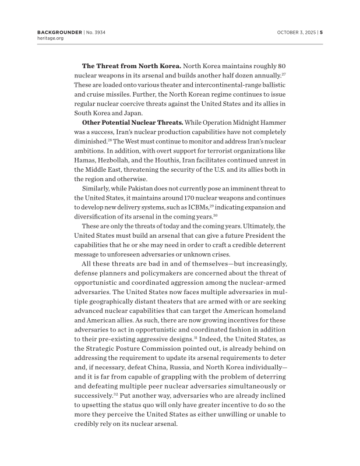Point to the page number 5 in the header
pos(321,31)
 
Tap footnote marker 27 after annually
pos(283,74)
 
